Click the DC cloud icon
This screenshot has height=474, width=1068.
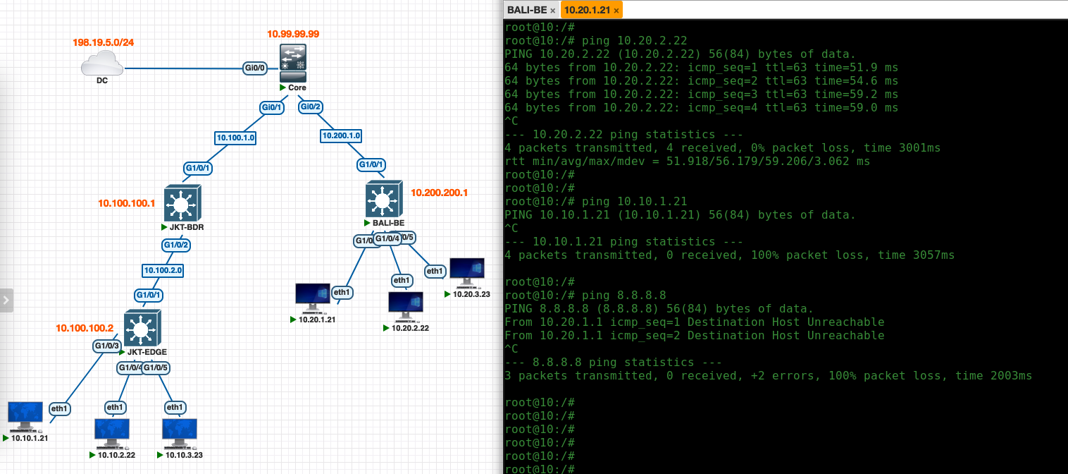pyautogui.click(x=102, y=66)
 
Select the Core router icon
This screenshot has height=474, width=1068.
pyautogui.click(x=292, y=63)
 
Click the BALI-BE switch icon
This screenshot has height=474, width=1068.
pyautogui.click(x=383, y=199)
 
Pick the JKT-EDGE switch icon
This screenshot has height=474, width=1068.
pyautogui.click(x=142, y=328)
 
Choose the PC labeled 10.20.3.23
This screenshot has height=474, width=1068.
pyautogui.click(x=466, y=272)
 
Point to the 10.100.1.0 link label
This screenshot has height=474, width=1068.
pyautogui.click(x=235, y=138)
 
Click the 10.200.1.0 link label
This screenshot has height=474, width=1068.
pyautogui.click(x=341, y=135)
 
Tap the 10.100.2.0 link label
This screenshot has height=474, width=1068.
pyautogui.click(x=163, y=270)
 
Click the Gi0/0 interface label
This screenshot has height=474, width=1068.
pyautogui.click(x=254, y=68)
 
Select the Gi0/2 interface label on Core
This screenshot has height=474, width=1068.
pyautogui.click(x=311, y=107)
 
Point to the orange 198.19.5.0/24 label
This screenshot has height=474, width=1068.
pyautogui.click(x=104, y=42)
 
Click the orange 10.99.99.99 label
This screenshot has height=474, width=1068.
pyautogui.click(x=293, y=34)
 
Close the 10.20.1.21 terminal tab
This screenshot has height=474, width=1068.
pyautogui.click(x=616, y=11)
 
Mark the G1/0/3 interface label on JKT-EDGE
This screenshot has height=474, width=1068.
pyautogui.click(x=106, y=346)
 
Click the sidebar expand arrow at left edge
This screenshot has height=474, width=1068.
pyautogui.click(x=6, y=300)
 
